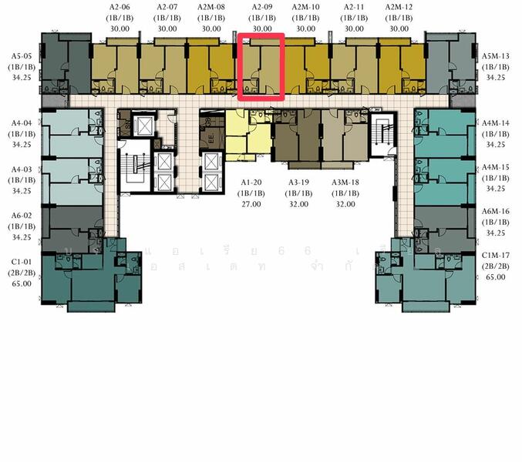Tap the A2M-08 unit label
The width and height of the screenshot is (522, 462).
click(210, 8)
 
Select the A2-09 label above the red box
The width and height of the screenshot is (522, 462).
click(262, 8)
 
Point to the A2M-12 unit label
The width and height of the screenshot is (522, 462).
click(399, 8)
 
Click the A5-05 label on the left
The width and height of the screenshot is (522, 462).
click(22, 56)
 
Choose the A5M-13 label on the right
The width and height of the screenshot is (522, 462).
click(496, 56)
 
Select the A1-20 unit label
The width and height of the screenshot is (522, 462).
click(251, 182)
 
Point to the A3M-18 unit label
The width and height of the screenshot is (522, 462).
click(345, 182)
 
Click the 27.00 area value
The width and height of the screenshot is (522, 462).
click(251, 204)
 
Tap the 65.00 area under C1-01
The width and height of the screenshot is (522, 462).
click(22, 283)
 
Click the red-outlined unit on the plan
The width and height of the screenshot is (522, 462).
click(261, 66)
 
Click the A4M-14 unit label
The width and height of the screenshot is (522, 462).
click(496, 122)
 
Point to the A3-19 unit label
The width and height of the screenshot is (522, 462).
click(299, 182)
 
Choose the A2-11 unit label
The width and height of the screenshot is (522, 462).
click(354, 8)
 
